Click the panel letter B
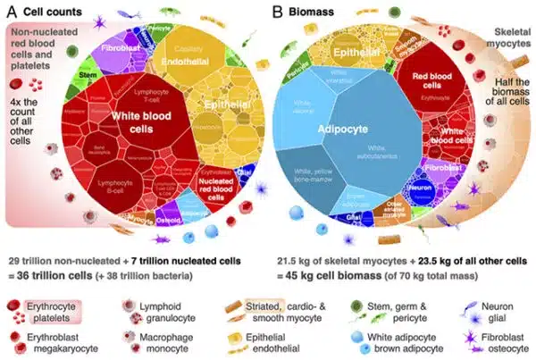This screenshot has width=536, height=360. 279,12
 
